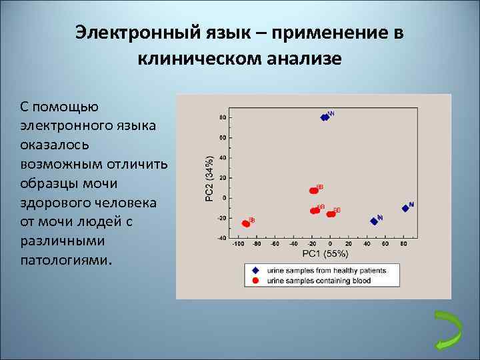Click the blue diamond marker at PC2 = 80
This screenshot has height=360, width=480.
click(325, 117)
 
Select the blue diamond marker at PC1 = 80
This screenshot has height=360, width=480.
click(405, 208)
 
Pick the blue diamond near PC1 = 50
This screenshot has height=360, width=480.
click(374, 221)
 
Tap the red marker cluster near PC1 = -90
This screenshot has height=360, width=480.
click(246, 223)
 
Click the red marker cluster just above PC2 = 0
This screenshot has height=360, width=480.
click(314, 191)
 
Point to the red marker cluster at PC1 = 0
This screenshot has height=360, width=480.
click(331, 214)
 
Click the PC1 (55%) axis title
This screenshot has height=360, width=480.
click(325, 254)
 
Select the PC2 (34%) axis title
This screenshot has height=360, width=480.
click(209, 178)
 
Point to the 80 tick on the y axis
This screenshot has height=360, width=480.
click(222, 117)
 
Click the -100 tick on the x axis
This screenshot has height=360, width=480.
click(237, 245)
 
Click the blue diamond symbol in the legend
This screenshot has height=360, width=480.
click(255, 271)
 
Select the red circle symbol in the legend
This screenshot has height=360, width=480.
click(255, 281)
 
